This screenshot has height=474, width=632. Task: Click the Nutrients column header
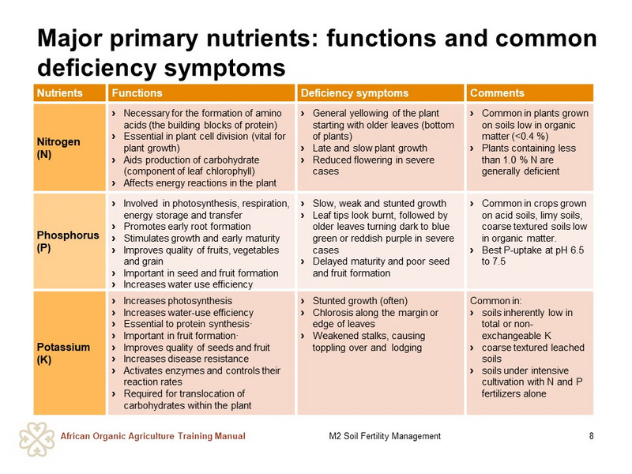click(x=60, y=93)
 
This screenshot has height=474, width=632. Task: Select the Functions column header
click(x=137, y=93)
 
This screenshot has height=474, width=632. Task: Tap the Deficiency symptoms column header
click(x=355, y=93)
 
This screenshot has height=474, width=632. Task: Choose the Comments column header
click(x=497, y=93)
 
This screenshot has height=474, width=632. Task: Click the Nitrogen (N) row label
click(x=58, y=148)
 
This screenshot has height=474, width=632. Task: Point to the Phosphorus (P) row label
click(x=68, y=241)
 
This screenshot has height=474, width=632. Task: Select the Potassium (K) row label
click(x=63, y=353)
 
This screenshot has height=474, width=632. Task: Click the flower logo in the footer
click(x=36, y=439)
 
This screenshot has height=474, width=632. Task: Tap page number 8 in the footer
click(x=591, y=436)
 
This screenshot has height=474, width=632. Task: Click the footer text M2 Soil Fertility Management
click(x=385, y=436)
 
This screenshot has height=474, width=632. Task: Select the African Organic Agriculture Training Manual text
click(x=152, y=436)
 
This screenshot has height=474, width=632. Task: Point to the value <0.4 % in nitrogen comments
click(x=530, y=137)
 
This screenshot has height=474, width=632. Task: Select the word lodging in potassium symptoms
click(x=406, y=348)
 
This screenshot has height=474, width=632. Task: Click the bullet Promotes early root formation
click(x=187, y=227)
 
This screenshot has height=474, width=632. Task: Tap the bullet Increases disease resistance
click(x=186, y=359)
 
